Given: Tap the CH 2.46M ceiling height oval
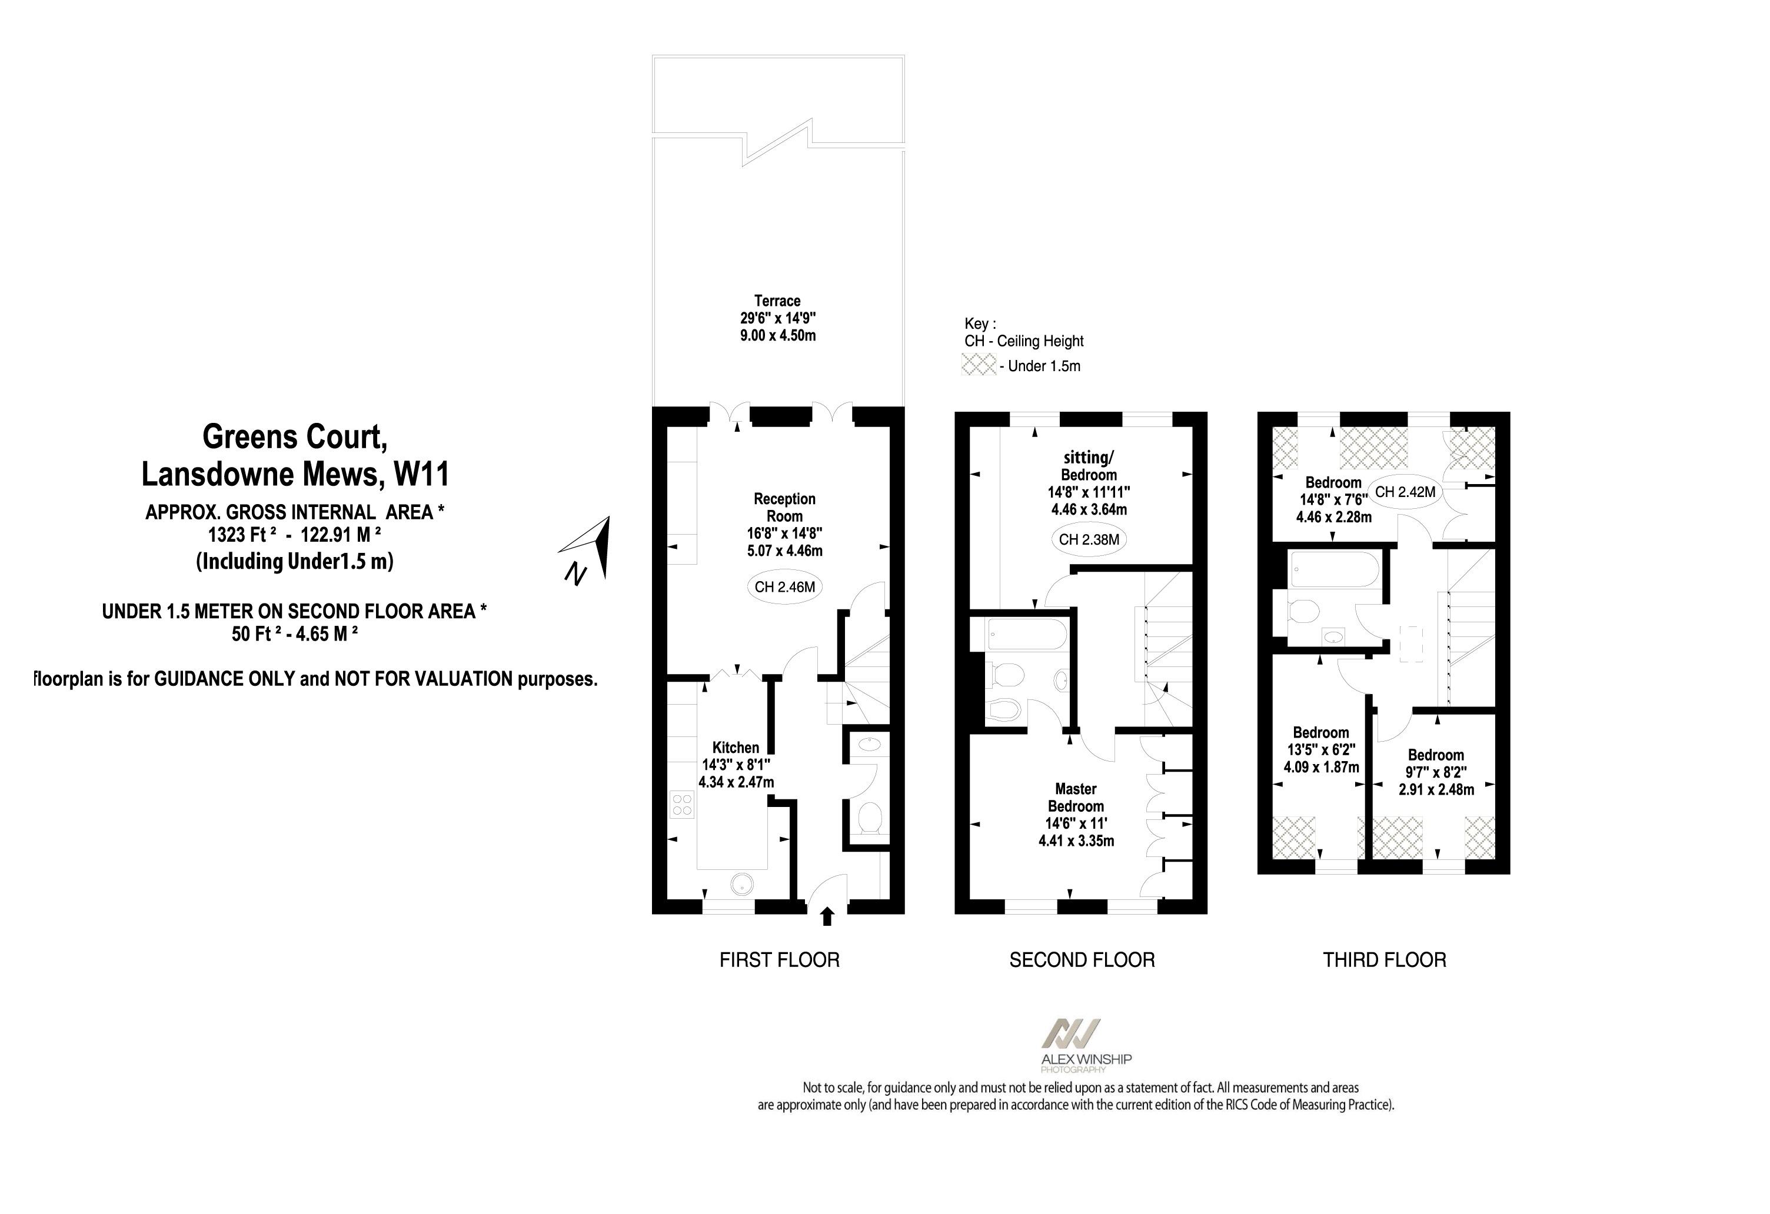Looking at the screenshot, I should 784,587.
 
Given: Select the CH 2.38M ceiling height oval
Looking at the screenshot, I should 1089,539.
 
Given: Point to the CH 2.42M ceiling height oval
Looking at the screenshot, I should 1405,492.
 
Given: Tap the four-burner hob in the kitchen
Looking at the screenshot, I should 683,805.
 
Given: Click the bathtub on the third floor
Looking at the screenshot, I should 1333,570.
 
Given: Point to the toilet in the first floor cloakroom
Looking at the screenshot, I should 869,818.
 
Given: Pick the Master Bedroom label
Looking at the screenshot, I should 1076,797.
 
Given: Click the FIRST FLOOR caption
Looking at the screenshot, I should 779,960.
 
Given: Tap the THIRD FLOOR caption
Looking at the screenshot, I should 1384,960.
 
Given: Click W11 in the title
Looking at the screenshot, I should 421,474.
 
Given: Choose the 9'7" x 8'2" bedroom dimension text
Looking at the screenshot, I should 1436,772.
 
